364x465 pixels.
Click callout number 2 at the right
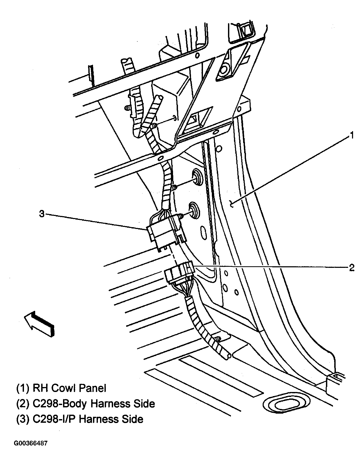click(351, 268)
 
